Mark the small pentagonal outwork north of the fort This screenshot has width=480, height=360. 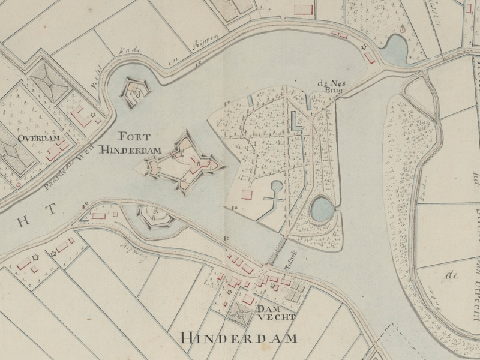point(136,93)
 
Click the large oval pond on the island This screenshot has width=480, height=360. point(322,209)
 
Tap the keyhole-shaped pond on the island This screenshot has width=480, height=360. point(277,191)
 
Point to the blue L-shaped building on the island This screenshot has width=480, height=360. point(296,122)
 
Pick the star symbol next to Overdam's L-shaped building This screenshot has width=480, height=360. point(92,115)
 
